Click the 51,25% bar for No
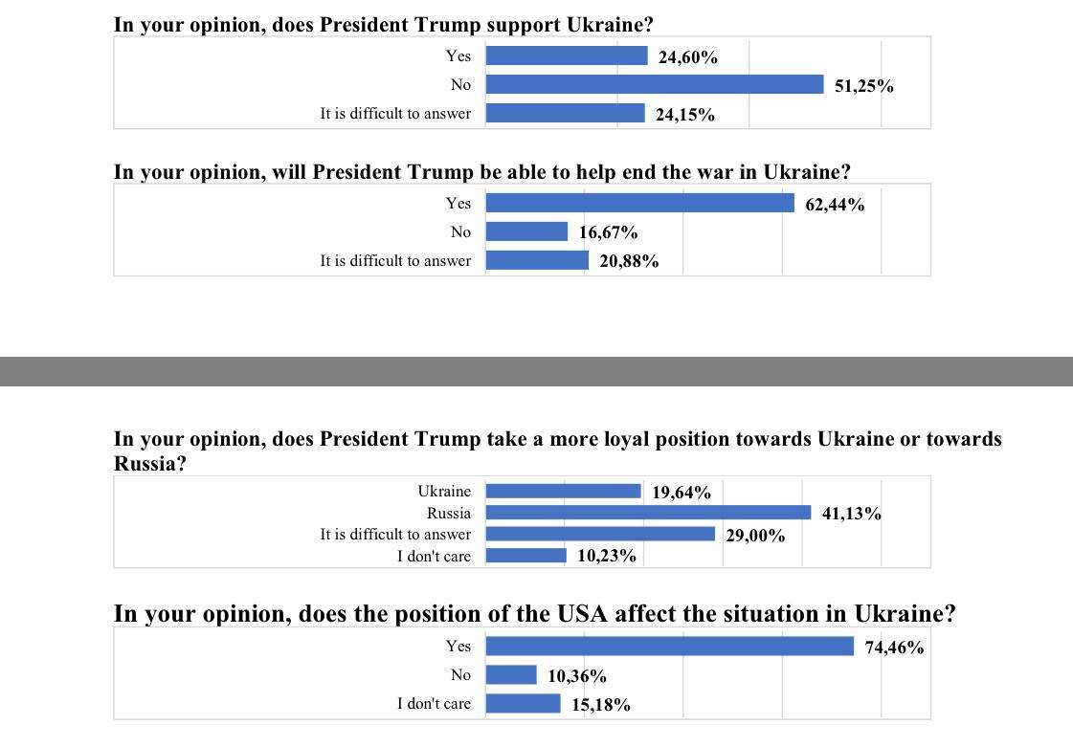coord(655,84)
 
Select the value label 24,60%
coord(688,57)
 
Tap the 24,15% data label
coord(684,115)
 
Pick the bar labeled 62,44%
coord(639,203)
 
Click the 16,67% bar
coord(526,231)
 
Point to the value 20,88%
coord(629,261)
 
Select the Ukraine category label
coord(444,492)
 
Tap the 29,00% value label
coord(755,536)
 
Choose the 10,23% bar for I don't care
coord(525,556)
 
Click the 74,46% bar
coord(669,647)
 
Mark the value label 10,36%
coord(577,676)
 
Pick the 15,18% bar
coord(523,704)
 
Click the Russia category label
coord(449,514)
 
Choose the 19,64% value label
coord(682,494)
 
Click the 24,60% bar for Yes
coord(567,55)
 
